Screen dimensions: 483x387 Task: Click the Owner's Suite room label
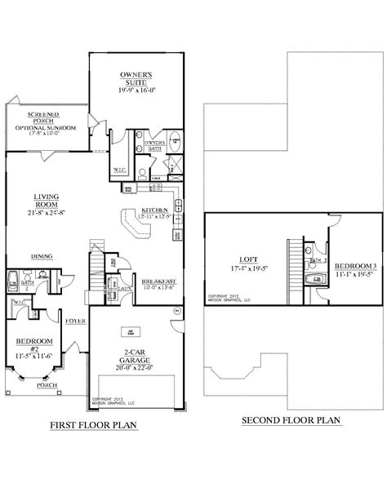tap(130, 78)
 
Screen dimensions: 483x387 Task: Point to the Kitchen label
tap(154, 210)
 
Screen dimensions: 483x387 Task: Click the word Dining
tap(42, 255)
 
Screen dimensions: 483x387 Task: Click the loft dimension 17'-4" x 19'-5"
tap(243, 268)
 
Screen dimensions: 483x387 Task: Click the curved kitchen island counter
tap(132, 222)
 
